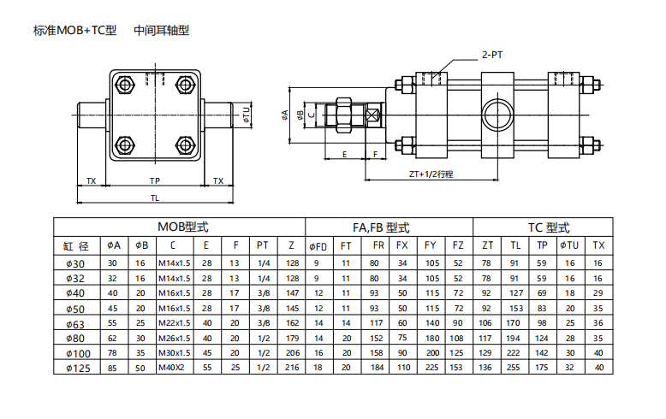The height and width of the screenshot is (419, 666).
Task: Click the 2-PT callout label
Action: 491,54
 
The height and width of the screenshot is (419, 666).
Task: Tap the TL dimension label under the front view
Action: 155,198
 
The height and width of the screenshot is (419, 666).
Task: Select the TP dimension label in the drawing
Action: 155,180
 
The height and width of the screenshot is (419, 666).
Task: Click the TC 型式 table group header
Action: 549,227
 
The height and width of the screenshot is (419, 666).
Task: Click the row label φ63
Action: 76,323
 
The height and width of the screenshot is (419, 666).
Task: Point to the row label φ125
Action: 76,368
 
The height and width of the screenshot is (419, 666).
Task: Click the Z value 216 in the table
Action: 293,368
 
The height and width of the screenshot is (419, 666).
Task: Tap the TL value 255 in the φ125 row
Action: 514,368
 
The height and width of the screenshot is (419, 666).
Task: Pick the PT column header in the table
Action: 263,245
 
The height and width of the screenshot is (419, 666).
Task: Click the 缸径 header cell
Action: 76,245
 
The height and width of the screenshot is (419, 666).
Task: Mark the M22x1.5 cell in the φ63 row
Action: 173,323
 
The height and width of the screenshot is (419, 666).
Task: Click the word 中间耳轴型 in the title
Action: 161,30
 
